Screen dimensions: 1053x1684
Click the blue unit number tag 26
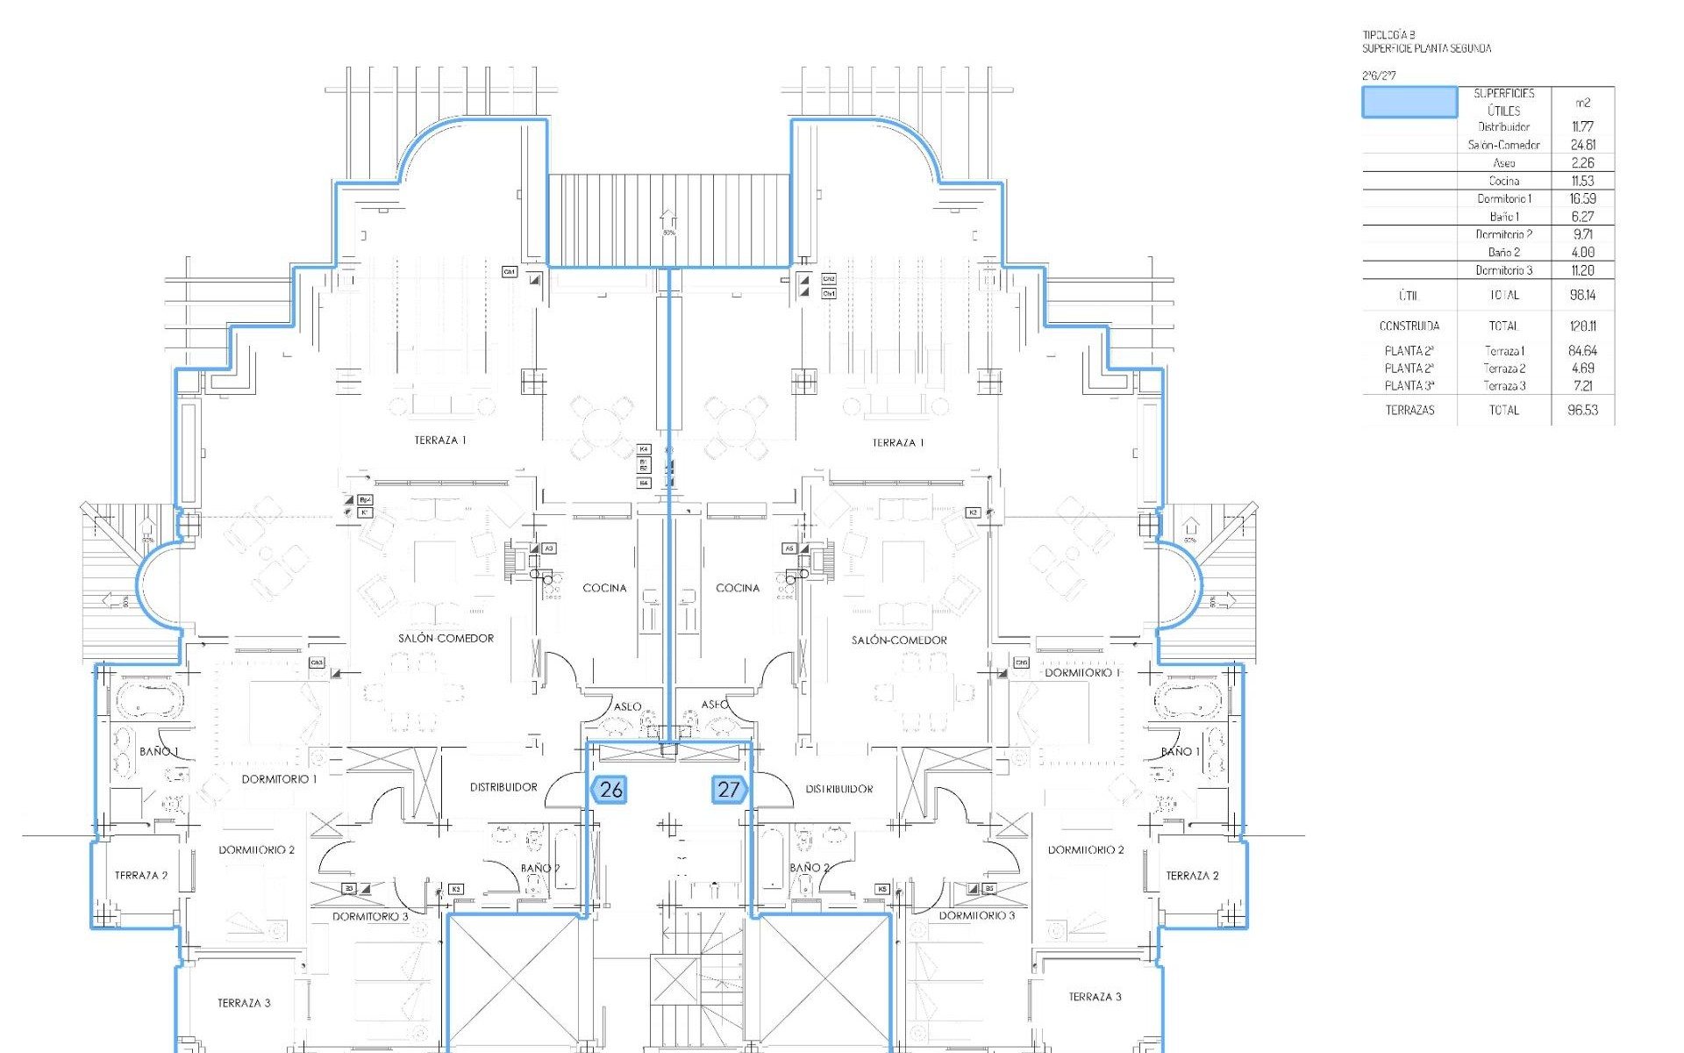pos(609,789)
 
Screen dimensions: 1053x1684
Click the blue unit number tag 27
pos(729,789)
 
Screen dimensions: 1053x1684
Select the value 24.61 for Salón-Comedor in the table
pos(1582,145)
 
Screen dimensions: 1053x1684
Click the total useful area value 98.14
pos(1582,295)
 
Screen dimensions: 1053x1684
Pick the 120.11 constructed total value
pos(1582,326)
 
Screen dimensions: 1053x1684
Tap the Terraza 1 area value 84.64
pos(1582,350)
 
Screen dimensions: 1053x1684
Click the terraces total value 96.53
pos(1582,410)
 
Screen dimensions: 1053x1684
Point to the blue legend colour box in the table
pos(1409,102)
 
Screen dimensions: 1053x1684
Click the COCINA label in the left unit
pos(604,588)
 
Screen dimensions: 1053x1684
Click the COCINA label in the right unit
pos(738,588)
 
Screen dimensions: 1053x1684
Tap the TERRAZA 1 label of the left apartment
pos(440,441)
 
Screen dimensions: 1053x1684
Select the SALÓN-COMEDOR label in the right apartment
pos(899,641)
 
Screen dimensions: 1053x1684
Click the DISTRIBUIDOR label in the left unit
pos(503,787)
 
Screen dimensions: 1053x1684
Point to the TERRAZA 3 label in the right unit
pos(1095,997)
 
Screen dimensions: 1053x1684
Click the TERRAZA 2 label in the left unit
pos(141,875)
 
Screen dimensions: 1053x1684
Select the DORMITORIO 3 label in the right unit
pos(976,915)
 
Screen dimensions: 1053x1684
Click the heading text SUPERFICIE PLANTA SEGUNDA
pos(1426,49)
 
